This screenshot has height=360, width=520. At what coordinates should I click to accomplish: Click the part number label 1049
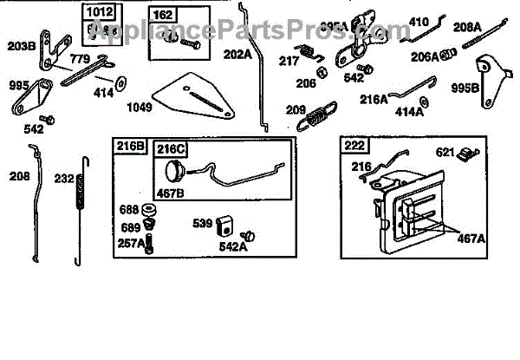click(x=138, y=108)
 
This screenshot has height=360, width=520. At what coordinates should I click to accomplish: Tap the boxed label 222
click(x=354, y=145)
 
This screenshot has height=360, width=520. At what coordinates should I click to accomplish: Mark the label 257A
click(x=132, y=243)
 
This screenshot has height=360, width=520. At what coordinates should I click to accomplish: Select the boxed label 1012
click(x=97, y=13)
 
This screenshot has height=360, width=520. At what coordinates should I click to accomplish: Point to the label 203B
click(x=21, y=44)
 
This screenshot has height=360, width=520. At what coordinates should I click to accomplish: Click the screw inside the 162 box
click(x=184, y=39)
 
